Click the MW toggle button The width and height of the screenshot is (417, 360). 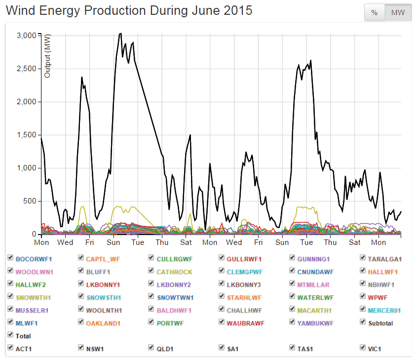[398, 13]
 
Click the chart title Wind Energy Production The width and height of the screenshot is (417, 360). [129, 10]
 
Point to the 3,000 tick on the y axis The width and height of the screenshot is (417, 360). [26, 36]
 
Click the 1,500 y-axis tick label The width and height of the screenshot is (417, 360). [26, 135]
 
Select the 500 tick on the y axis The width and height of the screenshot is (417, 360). [30, 201]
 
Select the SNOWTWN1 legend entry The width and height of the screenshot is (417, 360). [175, 298]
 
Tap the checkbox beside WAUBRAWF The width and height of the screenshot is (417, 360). [222, 323]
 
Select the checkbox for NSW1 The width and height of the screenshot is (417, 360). [81, 348]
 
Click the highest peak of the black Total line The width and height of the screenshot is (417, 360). [120, 34]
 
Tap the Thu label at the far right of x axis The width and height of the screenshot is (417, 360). [330, 242]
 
